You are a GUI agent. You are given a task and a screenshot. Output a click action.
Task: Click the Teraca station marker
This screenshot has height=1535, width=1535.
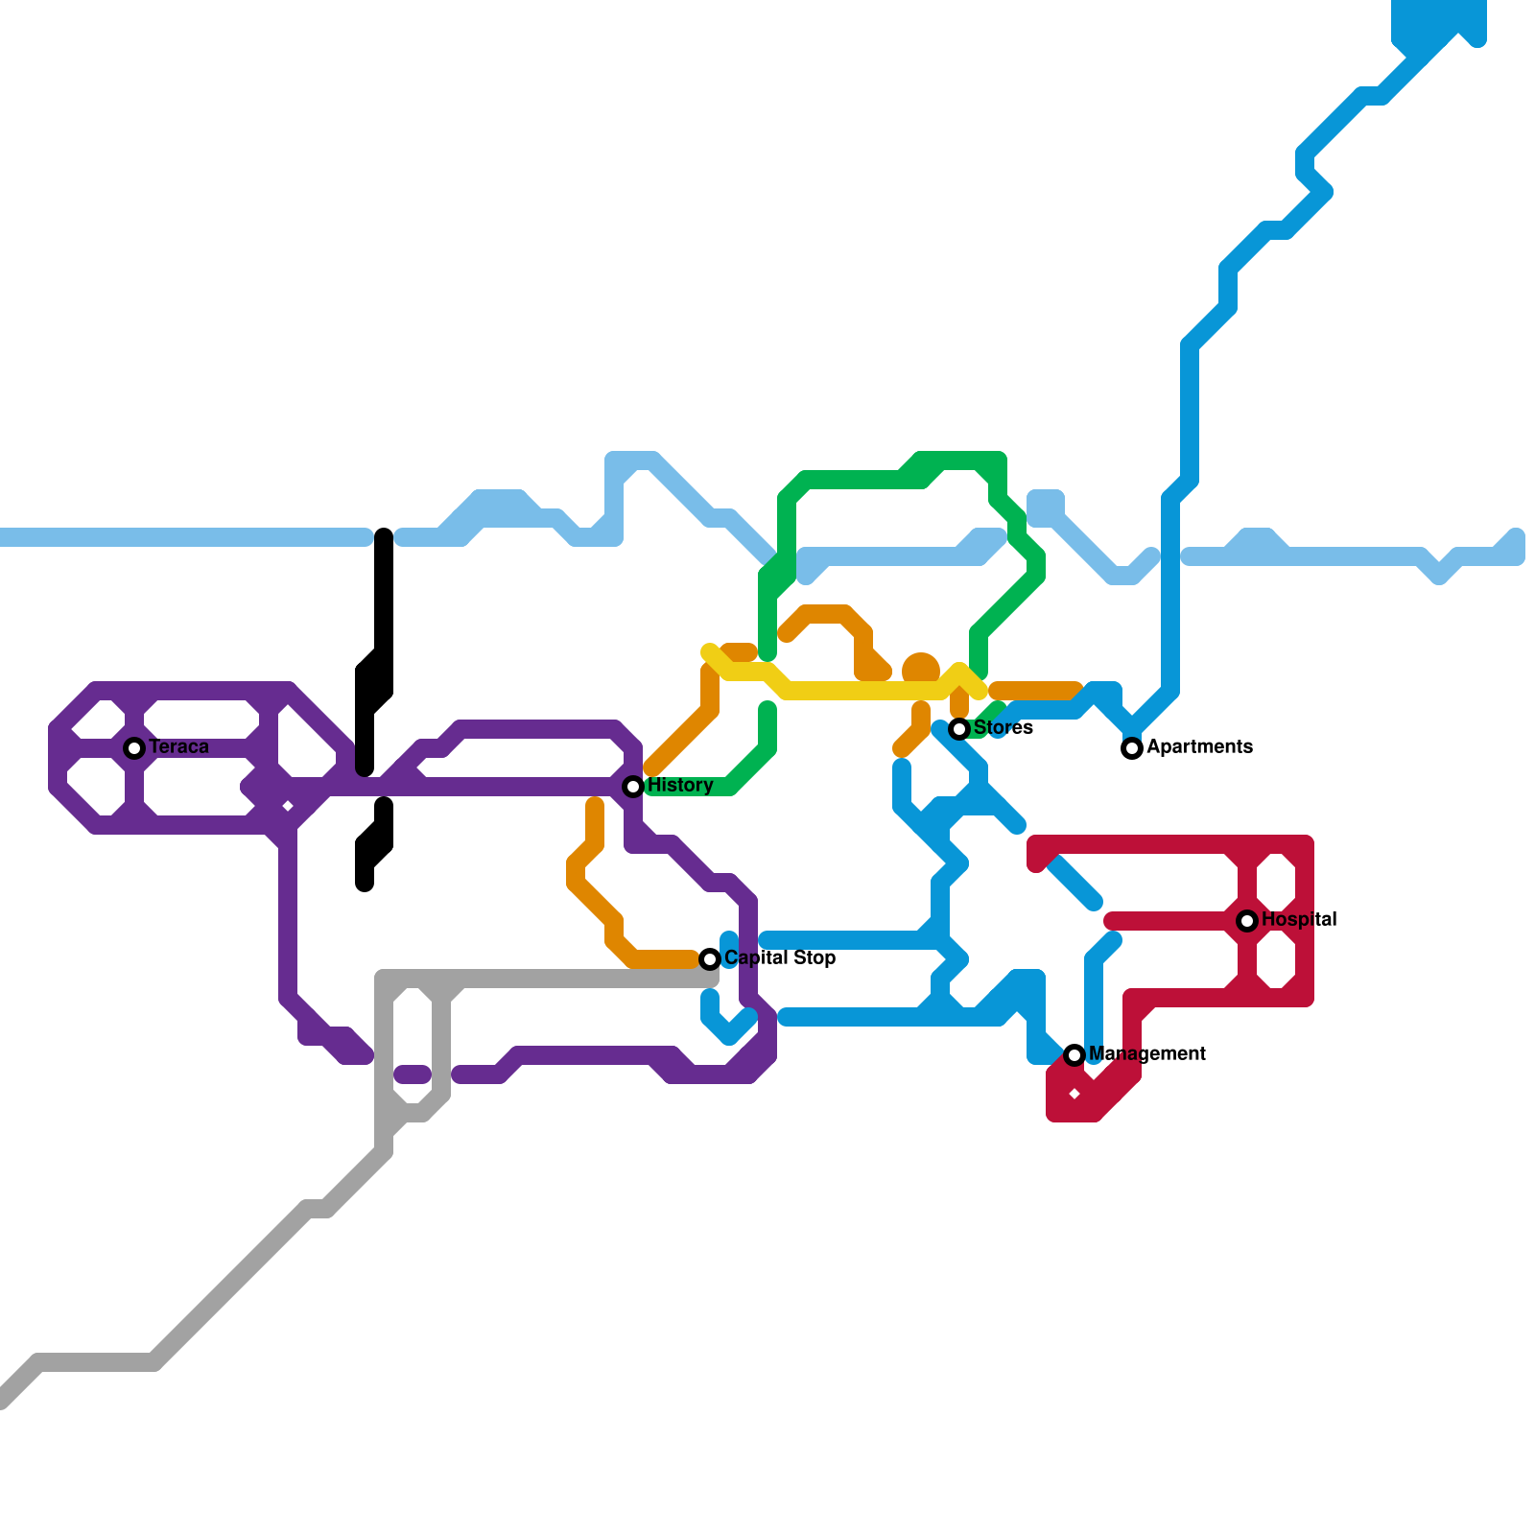[x=134, y=747]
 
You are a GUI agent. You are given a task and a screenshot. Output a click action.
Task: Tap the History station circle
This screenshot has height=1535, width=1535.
[x=633, y=787]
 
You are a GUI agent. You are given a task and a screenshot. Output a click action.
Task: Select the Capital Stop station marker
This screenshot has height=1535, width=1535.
[x=710, y=958]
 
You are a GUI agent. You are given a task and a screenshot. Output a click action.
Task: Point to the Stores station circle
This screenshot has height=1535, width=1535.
[x=959, y=729]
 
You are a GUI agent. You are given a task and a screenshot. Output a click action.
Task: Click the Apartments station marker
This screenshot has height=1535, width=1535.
[x=1132, y=748]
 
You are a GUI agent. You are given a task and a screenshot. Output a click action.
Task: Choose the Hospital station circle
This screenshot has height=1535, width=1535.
[x=1247, y=921]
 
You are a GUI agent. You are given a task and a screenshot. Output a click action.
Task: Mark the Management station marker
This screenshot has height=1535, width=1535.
[x=1074, y=1055]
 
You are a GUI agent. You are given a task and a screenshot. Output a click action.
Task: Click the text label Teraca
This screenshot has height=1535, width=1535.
[x=179, y=747]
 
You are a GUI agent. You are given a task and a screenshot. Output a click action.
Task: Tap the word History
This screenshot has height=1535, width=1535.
[x=680, y=786]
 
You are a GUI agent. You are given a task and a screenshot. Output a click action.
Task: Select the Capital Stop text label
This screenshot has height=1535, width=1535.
[x=780, y=958]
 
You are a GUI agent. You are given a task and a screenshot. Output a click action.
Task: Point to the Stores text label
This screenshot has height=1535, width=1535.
[x=1004, y=728]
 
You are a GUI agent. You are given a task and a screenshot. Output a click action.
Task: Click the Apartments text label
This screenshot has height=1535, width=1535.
[x=1200, y=747]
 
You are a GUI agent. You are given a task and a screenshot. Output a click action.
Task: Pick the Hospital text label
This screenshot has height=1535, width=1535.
[x=1299, y=920]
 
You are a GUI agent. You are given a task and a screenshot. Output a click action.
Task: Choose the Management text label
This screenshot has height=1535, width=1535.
[x=1147, y=1054]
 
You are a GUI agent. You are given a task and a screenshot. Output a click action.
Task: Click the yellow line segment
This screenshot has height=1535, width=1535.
[x=863, y=690]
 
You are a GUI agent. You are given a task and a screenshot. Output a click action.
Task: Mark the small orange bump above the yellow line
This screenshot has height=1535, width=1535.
[x=921, y=666]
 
